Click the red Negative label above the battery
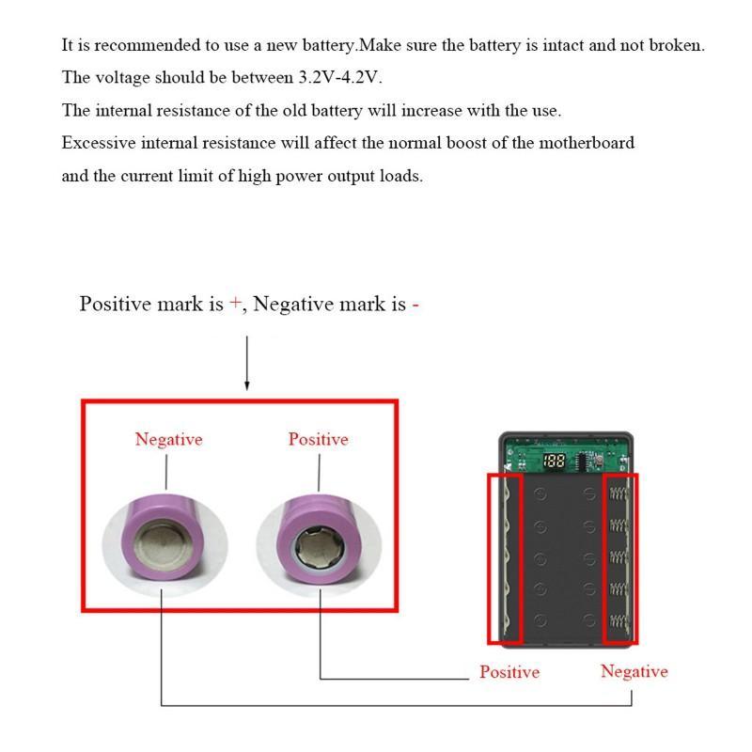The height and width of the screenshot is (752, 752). click(x=168, y=439)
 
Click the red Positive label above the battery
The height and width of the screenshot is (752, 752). click(x=318, y=439)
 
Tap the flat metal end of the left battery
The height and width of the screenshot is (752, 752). click(x=164, y=543)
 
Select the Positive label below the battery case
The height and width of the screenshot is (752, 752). click(x=509, y=672)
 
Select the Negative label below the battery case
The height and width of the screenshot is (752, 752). click(x=634, y=671)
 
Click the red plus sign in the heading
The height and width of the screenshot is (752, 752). click(x=235, y=305)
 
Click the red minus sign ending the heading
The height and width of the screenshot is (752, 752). click(x=415, y=305)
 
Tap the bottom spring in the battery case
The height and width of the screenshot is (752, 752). click(x=619, y=620)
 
